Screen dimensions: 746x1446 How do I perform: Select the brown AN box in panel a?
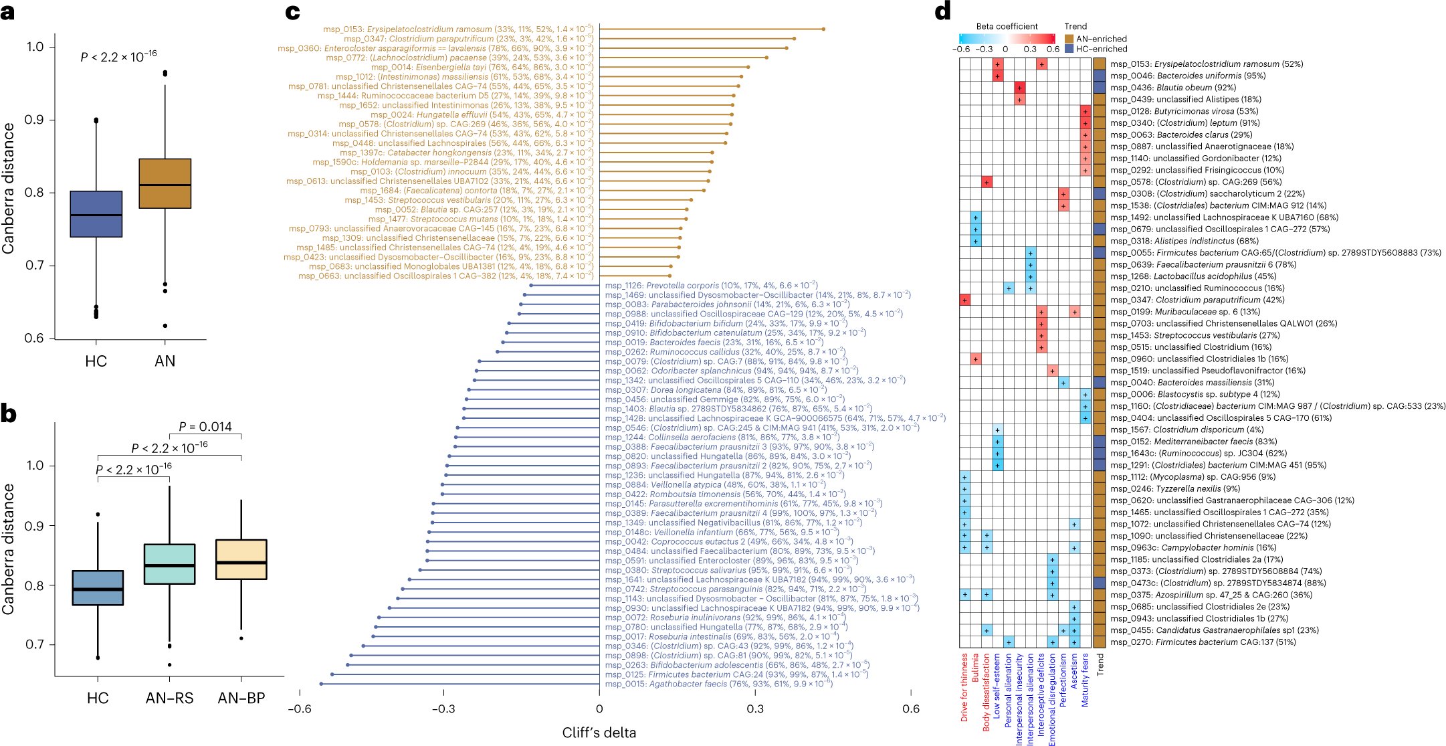165,183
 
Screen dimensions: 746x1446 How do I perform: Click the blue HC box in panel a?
96,214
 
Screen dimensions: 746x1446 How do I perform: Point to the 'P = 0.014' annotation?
205,427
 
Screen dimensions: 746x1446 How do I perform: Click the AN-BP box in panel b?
241,559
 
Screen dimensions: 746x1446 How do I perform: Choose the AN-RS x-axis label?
169,698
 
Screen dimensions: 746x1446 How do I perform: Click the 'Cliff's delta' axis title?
599,733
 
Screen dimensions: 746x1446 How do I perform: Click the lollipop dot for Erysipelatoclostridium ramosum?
823,29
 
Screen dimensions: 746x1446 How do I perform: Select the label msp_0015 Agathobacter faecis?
718,684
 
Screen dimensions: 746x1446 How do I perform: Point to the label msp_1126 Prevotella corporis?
711,285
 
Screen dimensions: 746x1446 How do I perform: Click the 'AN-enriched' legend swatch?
1069,39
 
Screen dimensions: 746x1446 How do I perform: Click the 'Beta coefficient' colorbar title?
1007,26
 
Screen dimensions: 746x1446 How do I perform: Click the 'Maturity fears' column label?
1085,680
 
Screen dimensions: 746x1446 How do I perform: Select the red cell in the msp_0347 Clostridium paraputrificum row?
964,300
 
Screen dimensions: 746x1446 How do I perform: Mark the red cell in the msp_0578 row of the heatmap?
987,182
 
